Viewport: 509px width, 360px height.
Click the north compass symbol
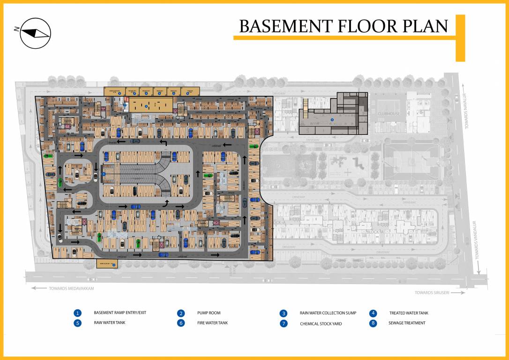pyautogui.click(x=35, y=32)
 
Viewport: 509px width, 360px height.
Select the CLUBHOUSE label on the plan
pyautogui.click(x=389, y=113)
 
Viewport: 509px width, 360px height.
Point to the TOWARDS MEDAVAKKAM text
pyautogui.click(x=71, y=288)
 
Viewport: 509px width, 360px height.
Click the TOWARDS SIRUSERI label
pyautogui.click(x=432, y=292)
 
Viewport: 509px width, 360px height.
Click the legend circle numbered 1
pyautogui.click(x=78, y=313)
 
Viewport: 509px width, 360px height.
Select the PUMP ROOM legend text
pyautogui.click(x=209, y=313)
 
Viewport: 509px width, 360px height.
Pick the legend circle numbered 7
pyautogui.click(x=284, y=323)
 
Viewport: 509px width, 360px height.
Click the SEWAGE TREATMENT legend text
pyautogui.click(x=407, y=323)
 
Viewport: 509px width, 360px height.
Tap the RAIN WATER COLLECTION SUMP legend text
pyautogui.click(x=328, y=313)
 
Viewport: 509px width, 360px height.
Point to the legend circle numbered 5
pyautogui.click(x=78, y=323)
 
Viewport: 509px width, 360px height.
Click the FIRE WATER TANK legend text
pyautogui.click(x=212, y=323)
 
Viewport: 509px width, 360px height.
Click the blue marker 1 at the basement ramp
pyautogui.click(x=104, y=174)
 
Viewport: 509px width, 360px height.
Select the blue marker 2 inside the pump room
pyautogui.click(x=146, y=106)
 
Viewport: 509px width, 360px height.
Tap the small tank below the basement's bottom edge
pyautogui.click(x=106, y=264)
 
